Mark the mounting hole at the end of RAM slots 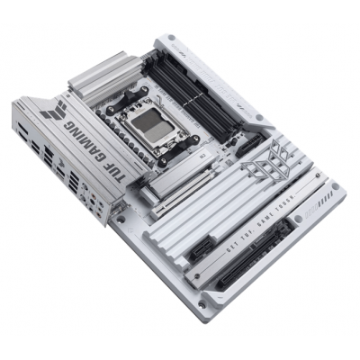pos(258,117)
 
